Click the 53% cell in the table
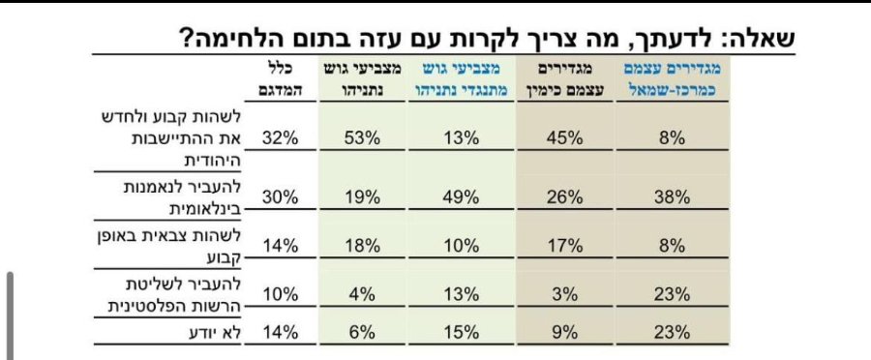(362, 137)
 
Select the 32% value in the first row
(281, 137)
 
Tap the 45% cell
(564, 137)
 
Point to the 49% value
(462, 197)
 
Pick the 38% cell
(672, 197)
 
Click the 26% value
(564, 197)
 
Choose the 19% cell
(362, 197)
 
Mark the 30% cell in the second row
(281, 197)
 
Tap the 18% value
(362, 246)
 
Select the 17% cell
(564, 246)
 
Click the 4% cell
(362, 294)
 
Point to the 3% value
(565, 294)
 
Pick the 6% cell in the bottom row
(362, 332)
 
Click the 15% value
(462, 332)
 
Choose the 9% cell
(565, 332)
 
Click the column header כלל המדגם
(281, 80)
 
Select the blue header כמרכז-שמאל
(675, 90)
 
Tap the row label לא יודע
(215, 333)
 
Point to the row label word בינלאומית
(204, 209)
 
